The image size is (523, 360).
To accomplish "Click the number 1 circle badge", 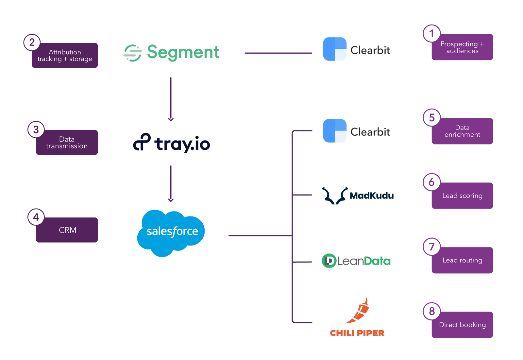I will coord(432,33).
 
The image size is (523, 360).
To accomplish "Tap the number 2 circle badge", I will coord(32,43).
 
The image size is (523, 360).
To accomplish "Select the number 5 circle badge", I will coord(432,118).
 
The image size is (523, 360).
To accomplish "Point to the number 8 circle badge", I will coord(432,311).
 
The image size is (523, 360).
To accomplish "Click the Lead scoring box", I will coord(462,196).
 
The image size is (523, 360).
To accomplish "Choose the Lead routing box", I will coord(462,261).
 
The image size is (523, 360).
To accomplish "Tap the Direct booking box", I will coord(462,325).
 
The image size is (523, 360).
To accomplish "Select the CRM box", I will coord(67,230).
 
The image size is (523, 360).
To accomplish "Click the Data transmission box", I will coord(67,143).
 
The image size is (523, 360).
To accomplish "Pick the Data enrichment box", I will coord(462,131).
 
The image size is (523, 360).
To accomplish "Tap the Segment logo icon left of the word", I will coord(133,53).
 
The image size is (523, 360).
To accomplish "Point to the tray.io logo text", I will coord(182,144).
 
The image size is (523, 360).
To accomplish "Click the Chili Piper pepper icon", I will coord(359,311).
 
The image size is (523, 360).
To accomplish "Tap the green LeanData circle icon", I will coord(329,261).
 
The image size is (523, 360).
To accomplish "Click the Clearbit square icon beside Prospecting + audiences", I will coord(335,49).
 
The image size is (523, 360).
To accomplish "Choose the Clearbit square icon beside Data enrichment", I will coord(335,131).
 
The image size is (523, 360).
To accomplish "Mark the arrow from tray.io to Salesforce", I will coord(171,183).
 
